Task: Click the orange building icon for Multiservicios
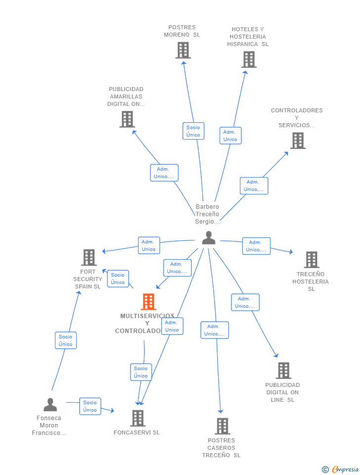(148, 302)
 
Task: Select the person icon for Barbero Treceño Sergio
(209, 238)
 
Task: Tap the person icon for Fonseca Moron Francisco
(50, 405)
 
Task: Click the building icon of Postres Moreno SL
(183, 50)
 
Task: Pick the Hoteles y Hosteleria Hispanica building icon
(249, 60)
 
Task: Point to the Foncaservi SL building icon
(138, 419)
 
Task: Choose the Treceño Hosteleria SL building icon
(312, 260)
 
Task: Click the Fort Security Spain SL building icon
(89, 258)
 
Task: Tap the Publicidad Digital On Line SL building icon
(284, 371)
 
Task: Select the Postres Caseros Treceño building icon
(223, 426)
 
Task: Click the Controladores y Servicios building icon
(298, 141)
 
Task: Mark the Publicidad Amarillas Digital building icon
(127, 119)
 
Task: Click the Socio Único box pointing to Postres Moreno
(193, 131)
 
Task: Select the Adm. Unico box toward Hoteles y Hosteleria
(230, 136)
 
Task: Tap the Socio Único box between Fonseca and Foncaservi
(90, 406)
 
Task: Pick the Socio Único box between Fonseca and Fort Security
(66, 340)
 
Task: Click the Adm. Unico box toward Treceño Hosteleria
(256, 246)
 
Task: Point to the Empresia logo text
(346, 469)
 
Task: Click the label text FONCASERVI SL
(136, 432)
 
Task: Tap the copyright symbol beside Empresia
(325, 470)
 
